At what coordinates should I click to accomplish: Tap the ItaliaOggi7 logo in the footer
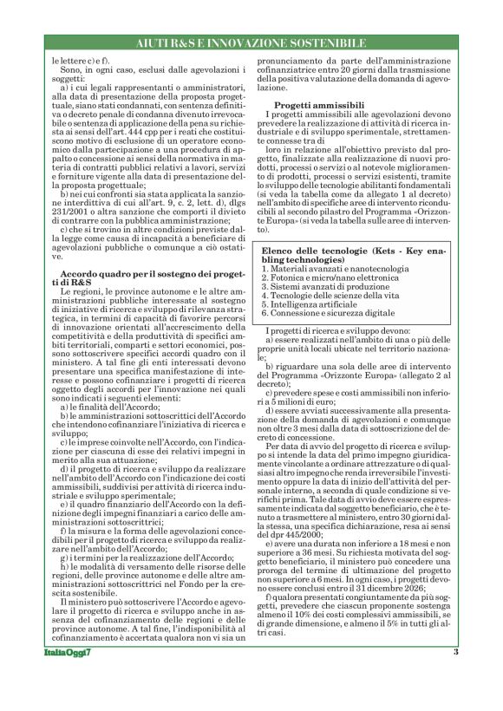pyautogui.click(x=66, y=676)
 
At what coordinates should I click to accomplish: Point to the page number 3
pyautogui.click(x=455, y=676)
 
